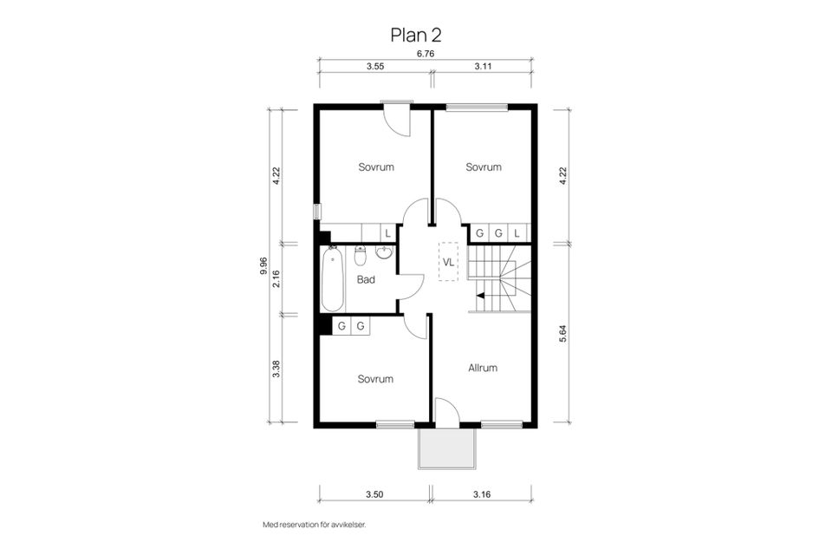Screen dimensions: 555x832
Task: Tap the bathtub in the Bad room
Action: (332, 279)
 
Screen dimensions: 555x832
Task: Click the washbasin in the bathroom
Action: (385, 252)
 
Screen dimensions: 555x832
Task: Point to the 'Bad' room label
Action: (366, 279)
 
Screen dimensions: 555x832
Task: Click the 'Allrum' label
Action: (483, 368)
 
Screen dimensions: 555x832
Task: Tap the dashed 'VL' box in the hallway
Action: (449, 261)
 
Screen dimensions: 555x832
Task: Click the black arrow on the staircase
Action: (480, 296)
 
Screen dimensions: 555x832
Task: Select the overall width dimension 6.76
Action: (425, 54)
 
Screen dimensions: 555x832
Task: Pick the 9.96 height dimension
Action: (263, 265)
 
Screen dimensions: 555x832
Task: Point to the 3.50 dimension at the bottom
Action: (374, 494)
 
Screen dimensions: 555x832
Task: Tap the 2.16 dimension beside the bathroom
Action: (276, 277)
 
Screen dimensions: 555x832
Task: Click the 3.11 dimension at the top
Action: (484, 66)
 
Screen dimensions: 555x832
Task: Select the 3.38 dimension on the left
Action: (276, 369)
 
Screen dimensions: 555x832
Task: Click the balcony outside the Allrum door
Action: (447, 447)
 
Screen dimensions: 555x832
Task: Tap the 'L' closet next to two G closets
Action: (517, 233)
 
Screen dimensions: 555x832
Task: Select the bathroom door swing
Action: (411, 287)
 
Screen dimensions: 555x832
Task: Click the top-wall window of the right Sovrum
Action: (477, 108)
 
